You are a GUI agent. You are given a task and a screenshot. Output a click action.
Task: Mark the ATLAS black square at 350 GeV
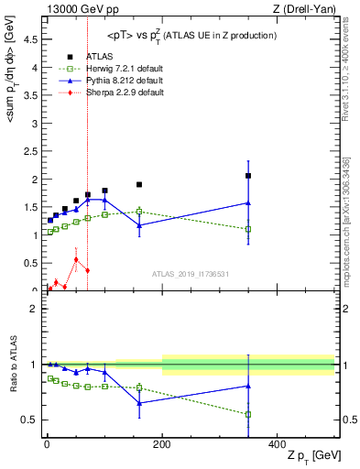[x=248, y=176]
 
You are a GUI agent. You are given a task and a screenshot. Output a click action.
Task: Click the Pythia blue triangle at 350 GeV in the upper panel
[x=248, y=202]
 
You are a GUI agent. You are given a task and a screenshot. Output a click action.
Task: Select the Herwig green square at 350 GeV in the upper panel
[x=248, y=229]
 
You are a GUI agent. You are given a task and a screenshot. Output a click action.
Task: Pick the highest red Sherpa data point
[x=76, y=259]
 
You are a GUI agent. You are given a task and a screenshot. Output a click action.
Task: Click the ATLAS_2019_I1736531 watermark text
[x=191, y=273]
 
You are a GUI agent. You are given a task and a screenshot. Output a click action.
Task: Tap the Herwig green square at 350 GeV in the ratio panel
[x=248, y=414]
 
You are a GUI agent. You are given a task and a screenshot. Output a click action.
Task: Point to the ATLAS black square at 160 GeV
[x=139, y=184]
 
